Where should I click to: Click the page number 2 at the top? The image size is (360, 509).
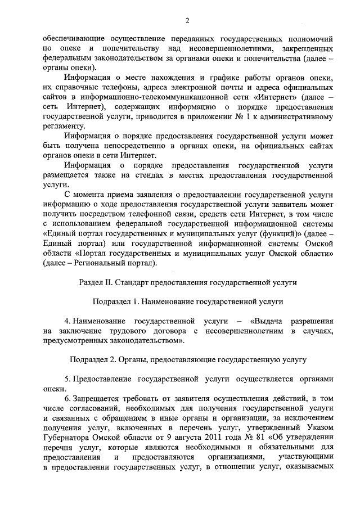(187, 21)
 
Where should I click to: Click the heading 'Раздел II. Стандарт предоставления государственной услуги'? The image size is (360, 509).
(188, 281)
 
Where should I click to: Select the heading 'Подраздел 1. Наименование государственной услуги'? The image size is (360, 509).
(187, 302)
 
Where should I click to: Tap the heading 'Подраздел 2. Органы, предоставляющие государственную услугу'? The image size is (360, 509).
(187, 358)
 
